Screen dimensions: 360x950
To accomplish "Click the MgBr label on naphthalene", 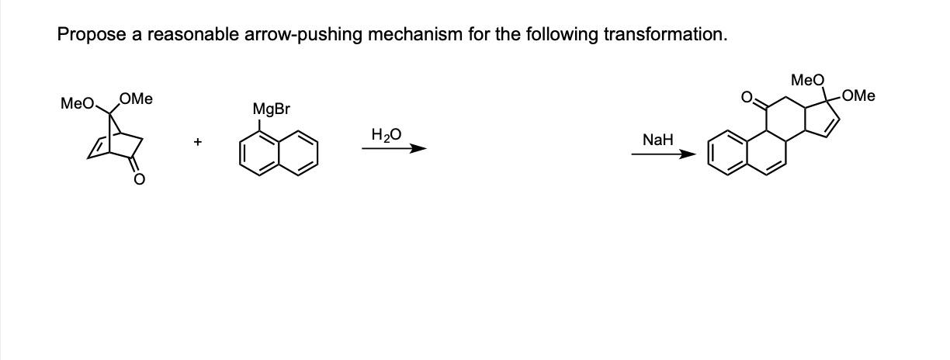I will coord(271,110).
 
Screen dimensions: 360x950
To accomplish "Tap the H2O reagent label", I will coord(387,135).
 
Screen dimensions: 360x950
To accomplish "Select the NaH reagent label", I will coord(657,140).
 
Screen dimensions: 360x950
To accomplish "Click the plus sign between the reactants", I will coord(199,142).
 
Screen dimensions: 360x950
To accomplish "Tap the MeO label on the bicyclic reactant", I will coord(77,103).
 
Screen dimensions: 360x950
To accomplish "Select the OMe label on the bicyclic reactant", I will coord(137,99).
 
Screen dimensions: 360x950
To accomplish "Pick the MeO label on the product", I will coord(807,80).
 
